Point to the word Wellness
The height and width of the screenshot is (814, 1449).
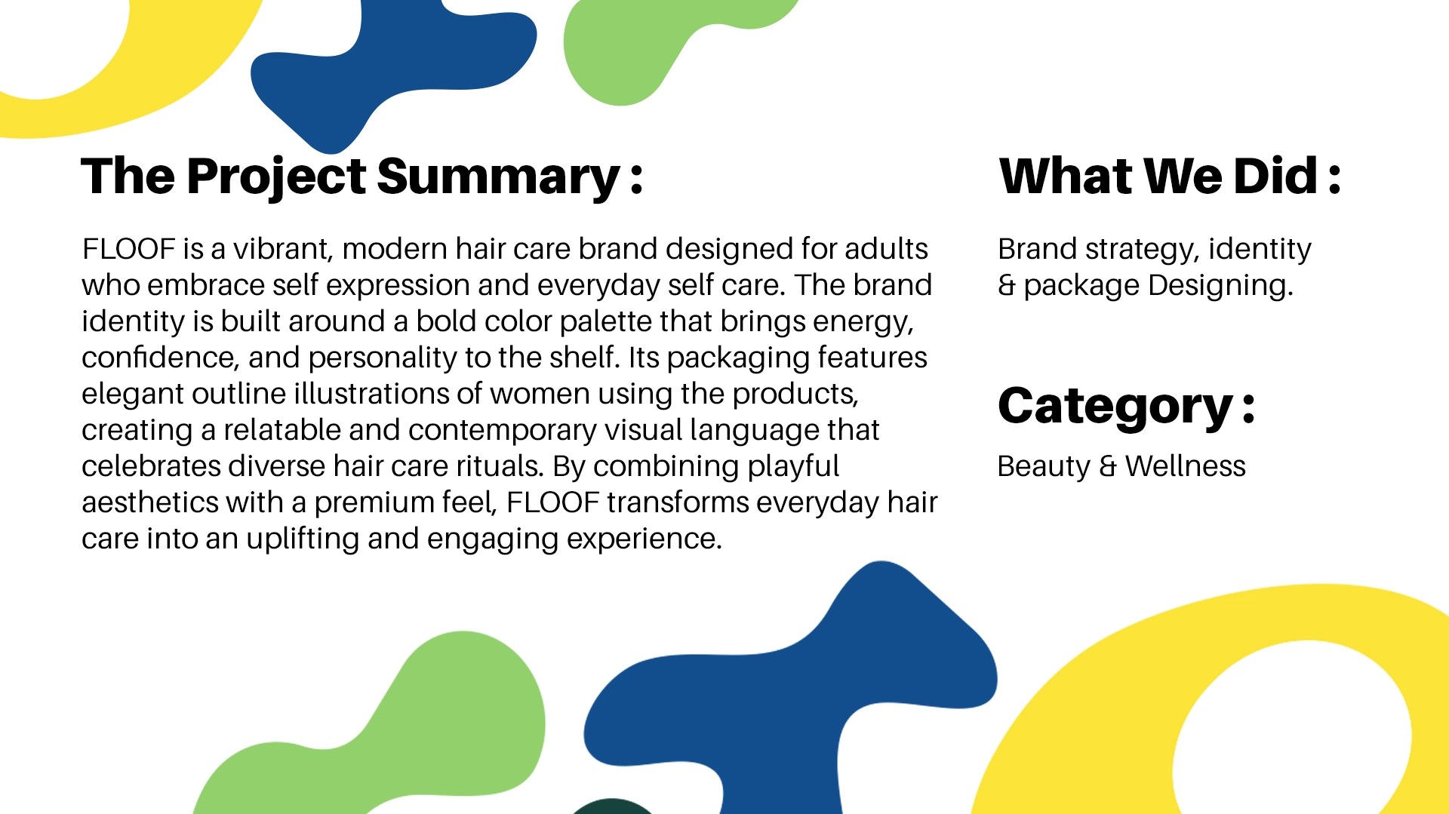pyautogui.click(x=1185, y=466)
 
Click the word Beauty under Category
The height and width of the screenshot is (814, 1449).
pyautogui.click(x=1044, y=467)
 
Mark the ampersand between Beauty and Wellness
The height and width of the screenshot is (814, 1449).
pyautogui.click(x=1107, y=466)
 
